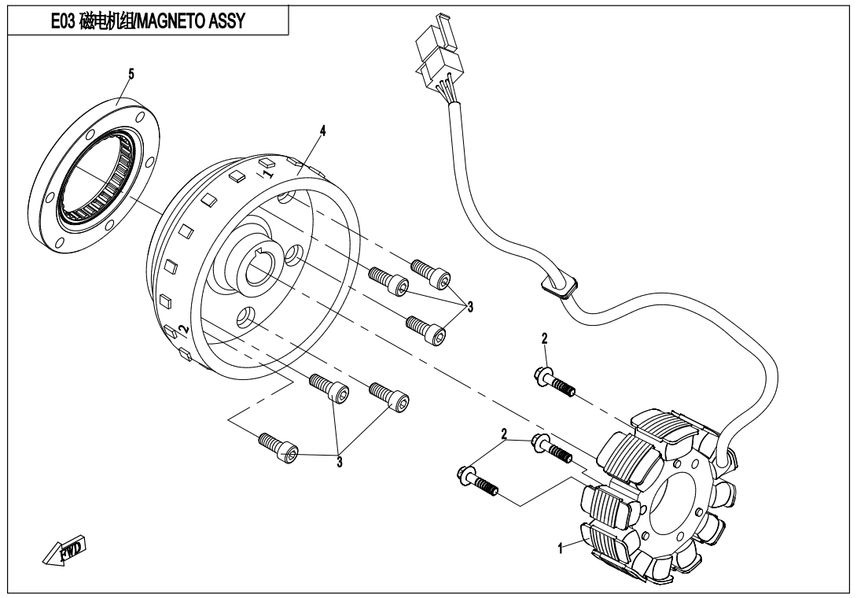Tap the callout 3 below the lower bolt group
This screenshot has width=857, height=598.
(x=339, y=462)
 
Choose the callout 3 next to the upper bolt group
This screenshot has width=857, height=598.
(x=470, y=305)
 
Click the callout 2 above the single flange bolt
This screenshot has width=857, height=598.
(x=543, y=339)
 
